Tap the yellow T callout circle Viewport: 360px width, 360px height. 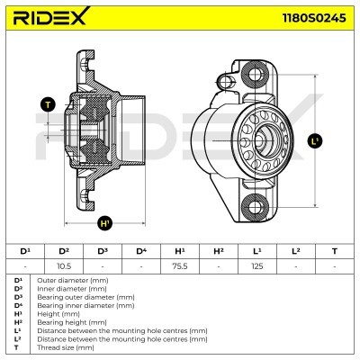[47, 105]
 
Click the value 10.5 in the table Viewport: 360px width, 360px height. [64, 267]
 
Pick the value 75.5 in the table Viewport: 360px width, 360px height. [180, 267]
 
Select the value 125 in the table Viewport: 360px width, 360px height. [257, 267]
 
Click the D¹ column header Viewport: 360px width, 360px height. [25, 251]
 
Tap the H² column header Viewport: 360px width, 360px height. [219, 251]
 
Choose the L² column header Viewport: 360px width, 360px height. [296, 251]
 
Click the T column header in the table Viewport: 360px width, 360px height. [335, 251]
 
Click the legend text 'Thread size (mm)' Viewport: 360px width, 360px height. [56, 345]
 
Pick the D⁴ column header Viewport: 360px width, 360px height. [141, 251]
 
